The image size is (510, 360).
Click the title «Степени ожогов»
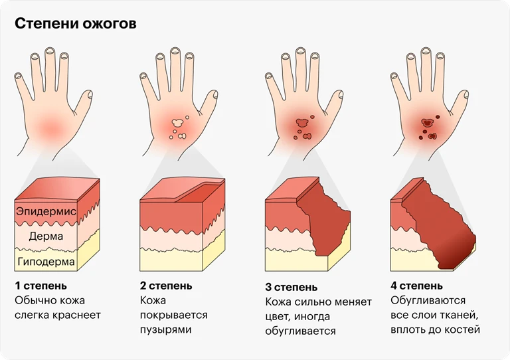[76, 24]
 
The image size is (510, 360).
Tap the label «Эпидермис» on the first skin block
[46, 211]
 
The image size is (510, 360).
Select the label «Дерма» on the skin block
[46, 236]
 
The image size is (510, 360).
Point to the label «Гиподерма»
[46, 262]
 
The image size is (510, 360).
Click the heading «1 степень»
[41, 286]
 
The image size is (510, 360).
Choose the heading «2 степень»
[166, 286]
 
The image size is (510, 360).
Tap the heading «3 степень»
[292, 287]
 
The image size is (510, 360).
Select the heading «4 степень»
[416, 286]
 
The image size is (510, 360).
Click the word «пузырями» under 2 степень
[166, 329]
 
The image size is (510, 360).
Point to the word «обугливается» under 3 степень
[301, 331]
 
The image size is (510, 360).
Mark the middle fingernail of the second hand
[175, 50]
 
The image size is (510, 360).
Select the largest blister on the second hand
[177, 123]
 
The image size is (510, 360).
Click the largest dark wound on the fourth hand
[427, 123]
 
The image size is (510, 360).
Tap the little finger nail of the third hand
[270, 76]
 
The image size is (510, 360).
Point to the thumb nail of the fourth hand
[466, 94]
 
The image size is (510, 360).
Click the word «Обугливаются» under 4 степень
[428, 300]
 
